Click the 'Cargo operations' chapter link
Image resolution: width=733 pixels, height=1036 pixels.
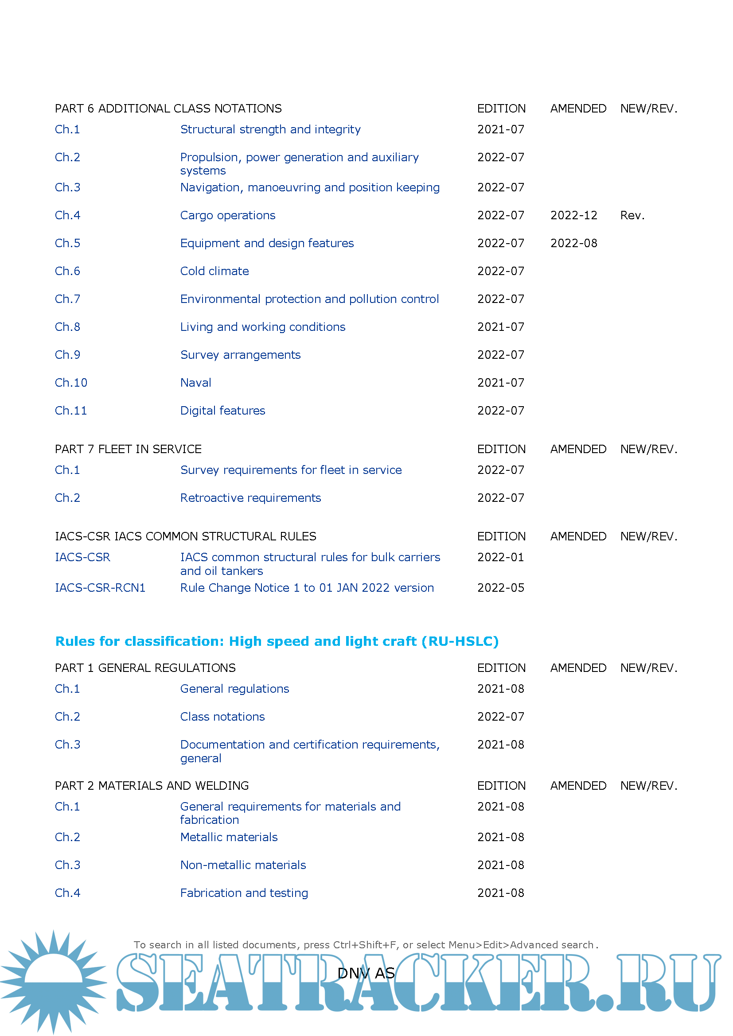click(x=227, y=215)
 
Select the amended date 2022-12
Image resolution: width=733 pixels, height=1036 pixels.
click(x=573, y=215)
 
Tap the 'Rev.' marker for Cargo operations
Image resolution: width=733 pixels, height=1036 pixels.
click(x=632, y=215)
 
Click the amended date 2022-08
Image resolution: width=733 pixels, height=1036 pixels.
click(x=573, y=243)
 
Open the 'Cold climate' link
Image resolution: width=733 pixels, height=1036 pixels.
click(x=214, y=271)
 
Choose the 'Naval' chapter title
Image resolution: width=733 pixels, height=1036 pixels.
click(x=195, y=383)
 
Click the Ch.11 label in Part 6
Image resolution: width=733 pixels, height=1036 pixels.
click(x=71, y=411)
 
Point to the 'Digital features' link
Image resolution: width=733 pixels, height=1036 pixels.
click(x=222, y=411)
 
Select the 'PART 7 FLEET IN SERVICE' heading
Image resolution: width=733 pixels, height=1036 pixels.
click(x=128, y=449)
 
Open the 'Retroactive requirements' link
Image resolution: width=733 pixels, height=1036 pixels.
click(x=250, y=498)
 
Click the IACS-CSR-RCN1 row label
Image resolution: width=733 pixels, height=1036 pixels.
click(x=100, y=587)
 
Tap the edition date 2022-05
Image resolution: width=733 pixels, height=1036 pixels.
click(x=500, y=587)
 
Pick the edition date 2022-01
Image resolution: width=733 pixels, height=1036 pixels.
click(x=500, y=557)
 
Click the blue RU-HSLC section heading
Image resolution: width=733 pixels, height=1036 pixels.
click(x=277, y=641)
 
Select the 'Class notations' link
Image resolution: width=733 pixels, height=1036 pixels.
click(x=222, y=717)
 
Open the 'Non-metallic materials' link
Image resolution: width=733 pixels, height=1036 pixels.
click(x=243, y=865)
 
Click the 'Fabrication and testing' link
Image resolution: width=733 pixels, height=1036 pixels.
click(x=244, y=893)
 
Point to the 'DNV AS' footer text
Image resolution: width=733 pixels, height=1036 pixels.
click(x=366, y=973)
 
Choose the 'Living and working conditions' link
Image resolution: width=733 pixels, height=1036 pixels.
click(x=263, y=327)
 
